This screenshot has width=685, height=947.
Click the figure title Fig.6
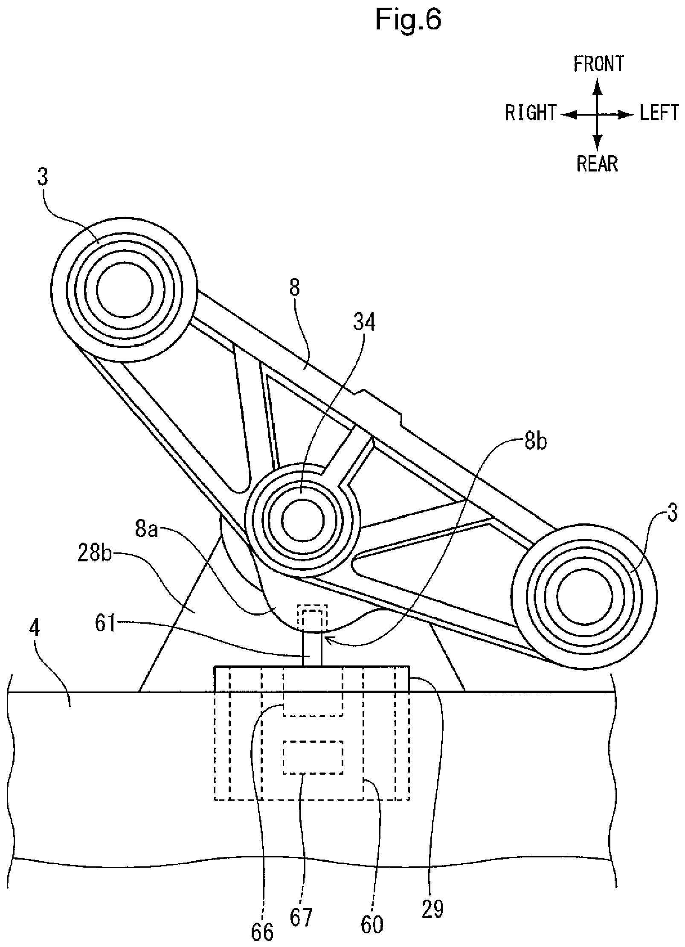click(408, 20)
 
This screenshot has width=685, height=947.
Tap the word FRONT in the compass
click(598, 64)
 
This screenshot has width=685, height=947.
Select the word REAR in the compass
click(597, 163)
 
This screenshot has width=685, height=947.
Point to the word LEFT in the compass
click(659, 113)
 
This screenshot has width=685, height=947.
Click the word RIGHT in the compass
click(531, 113)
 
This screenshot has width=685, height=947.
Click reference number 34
click(364, 322)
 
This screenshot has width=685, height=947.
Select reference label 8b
click(536, 442)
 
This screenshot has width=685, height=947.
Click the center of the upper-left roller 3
click(125, 290)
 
